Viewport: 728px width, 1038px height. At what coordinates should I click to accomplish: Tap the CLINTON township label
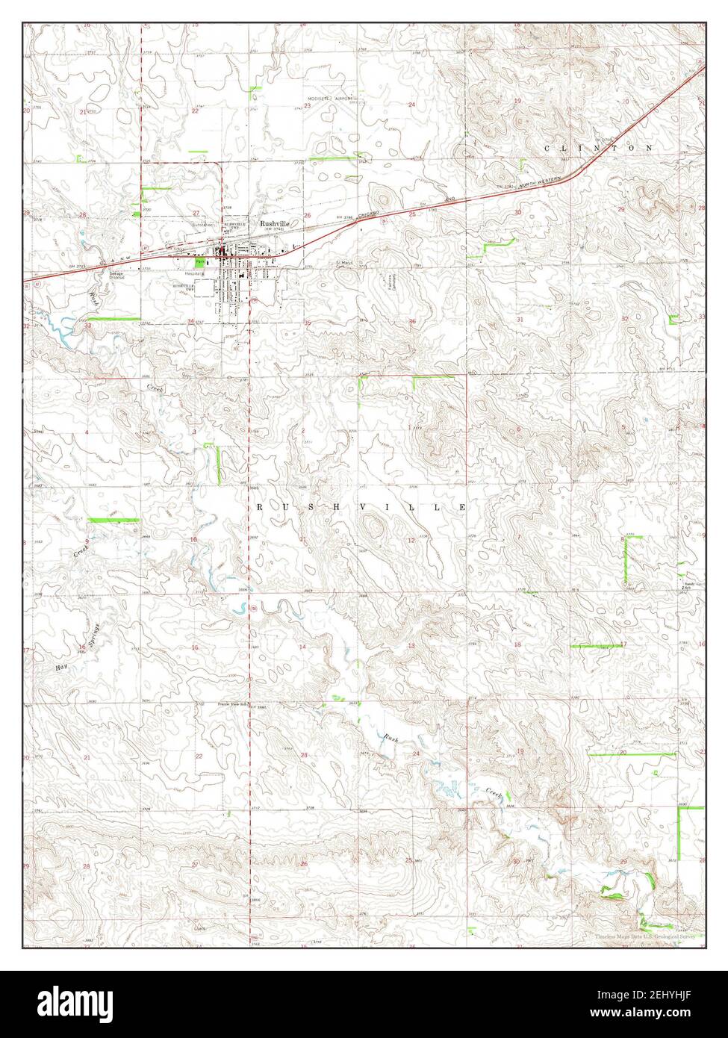(598, 149)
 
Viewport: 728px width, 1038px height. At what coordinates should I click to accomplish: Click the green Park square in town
(199, 263)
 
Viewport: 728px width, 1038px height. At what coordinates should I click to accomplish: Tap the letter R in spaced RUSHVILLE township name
(261, 507)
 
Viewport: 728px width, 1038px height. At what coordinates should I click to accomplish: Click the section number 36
(411, 322)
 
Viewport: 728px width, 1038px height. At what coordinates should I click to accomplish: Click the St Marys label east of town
(343, 263)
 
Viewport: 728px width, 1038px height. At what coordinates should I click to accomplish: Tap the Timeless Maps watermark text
(647, 936)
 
